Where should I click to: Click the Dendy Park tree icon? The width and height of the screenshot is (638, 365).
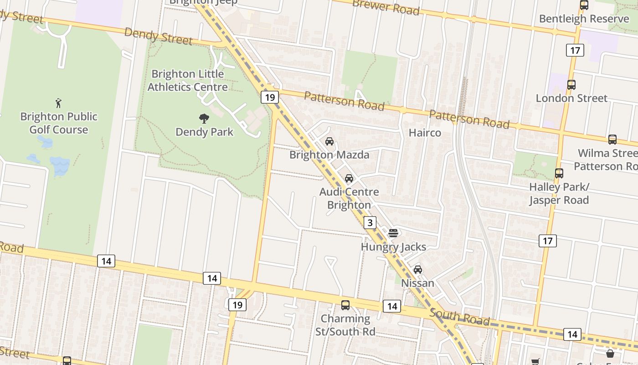click(204, 119)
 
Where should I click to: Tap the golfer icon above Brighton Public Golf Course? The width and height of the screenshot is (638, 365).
click(58, 103)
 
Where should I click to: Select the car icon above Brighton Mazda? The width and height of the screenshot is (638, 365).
click(329, 141)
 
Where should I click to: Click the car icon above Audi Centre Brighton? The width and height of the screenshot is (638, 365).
click(349, 178)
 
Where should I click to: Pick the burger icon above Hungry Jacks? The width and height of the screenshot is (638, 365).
click(393, 233)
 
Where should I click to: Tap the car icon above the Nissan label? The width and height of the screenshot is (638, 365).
click(418, 270)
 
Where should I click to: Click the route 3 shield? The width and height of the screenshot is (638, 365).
click(370, 223)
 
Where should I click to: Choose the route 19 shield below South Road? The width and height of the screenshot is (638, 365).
click(237, 304)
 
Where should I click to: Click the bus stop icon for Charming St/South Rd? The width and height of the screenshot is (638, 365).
click(345, 305)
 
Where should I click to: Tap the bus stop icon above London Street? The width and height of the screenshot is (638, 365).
click(571, 84)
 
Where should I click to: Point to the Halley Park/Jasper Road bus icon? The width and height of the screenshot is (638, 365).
click(559, 173)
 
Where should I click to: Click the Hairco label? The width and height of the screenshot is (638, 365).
click(425, 133)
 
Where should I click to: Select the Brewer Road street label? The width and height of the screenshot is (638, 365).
click(386, 7)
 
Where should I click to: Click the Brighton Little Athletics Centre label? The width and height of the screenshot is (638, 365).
click(187, 80)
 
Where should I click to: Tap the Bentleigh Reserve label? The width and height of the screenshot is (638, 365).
click(584, 19)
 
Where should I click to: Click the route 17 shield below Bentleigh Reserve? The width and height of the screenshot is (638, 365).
click(575, 50)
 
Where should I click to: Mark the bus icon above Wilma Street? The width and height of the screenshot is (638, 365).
click(612, 140)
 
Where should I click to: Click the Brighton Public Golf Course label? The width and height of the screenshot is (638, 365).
click(59, 123)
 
